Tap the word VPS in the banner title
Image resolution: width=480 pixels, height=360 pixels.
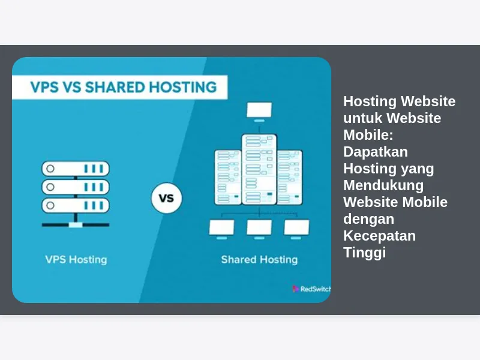coord(44,87)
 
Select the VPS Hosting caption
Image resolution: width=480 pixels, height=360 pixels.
coord(76,260)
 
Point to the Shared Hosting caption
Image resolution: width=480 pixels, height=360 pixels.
coord(259,260)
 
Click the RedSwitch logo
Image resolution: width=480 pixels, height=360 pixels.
coord(311,289)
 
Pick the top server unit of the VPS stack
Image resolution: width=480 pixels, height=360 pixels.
coord(76,169)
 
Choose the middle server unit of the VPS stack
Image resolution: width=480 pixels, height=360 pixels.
coord(76,187)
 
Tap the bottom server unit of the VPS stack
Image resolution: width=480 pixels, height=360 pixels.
coord(76,205)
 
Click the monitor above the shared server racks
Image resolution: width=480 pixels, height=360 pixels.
coord(259,112)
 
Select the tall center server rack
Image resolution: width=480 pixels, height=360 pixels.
coord(259,169)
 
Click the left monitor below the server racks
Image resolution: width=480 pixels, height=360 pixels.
coord(221,229)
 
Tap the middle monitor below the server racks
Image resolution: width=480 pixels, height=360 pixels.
coord(259,229)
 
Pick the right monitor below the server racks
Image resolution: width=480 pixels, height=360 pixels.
coord(296,229)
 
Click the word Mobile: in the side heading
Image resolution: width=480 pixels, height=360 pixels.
coord(368,134)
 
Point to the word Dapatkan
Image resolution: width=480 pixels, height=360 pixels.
coord(376,152)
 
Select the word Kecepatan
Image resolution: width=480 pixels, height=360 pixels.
coord(380,236)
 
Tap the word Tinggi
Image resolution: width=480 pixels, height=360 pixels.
coord(365,253)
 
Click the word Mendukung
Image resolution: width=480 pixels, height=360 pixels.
coord(383,185)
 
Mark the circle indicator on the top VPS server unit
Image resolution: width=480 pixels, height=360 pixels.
coord(50,169)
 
